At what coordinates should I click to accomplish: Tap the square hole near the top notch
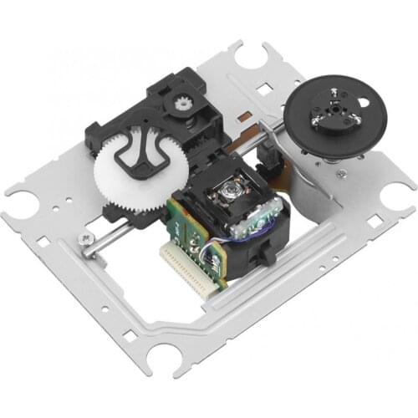(x=267, y=86)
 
